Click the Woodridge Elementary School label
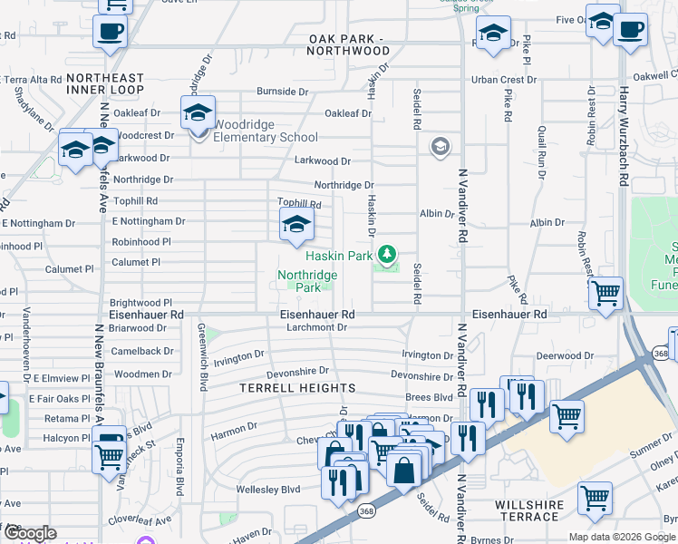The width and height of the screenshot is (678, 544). click(266, 137)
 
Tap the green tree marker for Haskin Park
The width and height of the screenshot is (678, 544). click(388, 253)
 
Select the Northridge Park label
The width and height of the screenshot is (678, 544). click(307, 281)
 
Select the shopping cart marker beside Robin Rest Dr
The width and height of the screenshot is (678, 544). click(605, 293)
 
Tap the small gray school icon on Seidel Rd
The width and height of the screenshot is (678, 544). click(441, 147)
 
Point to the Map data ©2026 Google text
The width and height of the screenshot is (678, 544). click(621, 537)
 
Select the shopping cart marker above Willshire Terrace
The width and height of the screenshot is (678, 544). click(595, 497)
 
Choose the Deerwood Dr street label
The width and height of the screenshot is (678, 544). click(564, 356)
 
